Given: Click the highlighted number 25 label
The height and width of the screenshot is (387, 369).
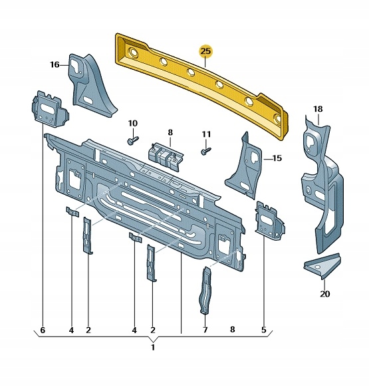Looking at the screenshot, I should [206, 51].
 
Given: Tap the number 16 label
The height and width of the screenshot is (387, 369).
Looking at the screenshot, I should [55, 64].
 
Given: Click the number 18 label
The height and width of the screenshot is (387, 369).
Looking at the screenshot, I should [318, 109].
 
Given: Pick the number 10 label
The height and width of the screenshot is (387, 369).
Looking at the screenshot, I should [132, 123].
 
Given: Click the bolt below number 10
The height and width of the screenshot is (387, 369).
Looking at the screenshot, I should [132, 140].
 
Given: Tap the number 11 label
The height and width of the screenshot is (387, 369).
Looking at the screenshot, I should [206, 134].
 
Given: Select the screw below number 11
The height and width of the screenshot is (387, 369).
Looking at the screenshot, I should [205, 152].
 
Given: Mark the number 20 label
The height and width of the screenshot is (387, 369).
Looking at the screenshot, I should [324, 294].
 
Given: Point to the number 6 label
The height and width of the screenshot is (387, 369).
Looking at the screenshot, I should [43, 330].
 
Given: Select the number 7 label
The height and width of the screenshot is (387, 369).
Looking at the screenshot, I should [205, 330].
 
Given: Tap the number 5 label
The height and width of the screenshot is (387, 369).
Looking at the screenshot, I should [264, 330].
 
